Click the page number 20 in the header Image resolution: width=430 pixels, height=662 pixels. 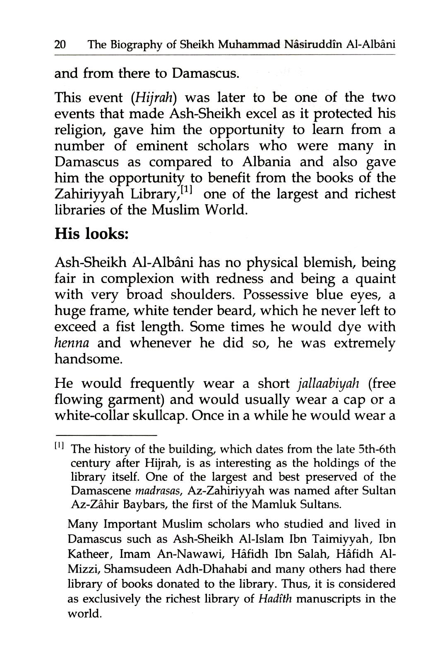click(61, 45)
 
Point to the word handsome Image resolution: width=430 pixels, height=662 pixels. click(88, 359)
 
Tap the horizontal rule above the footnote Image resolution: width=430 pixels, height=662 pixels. click(106, 436)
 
